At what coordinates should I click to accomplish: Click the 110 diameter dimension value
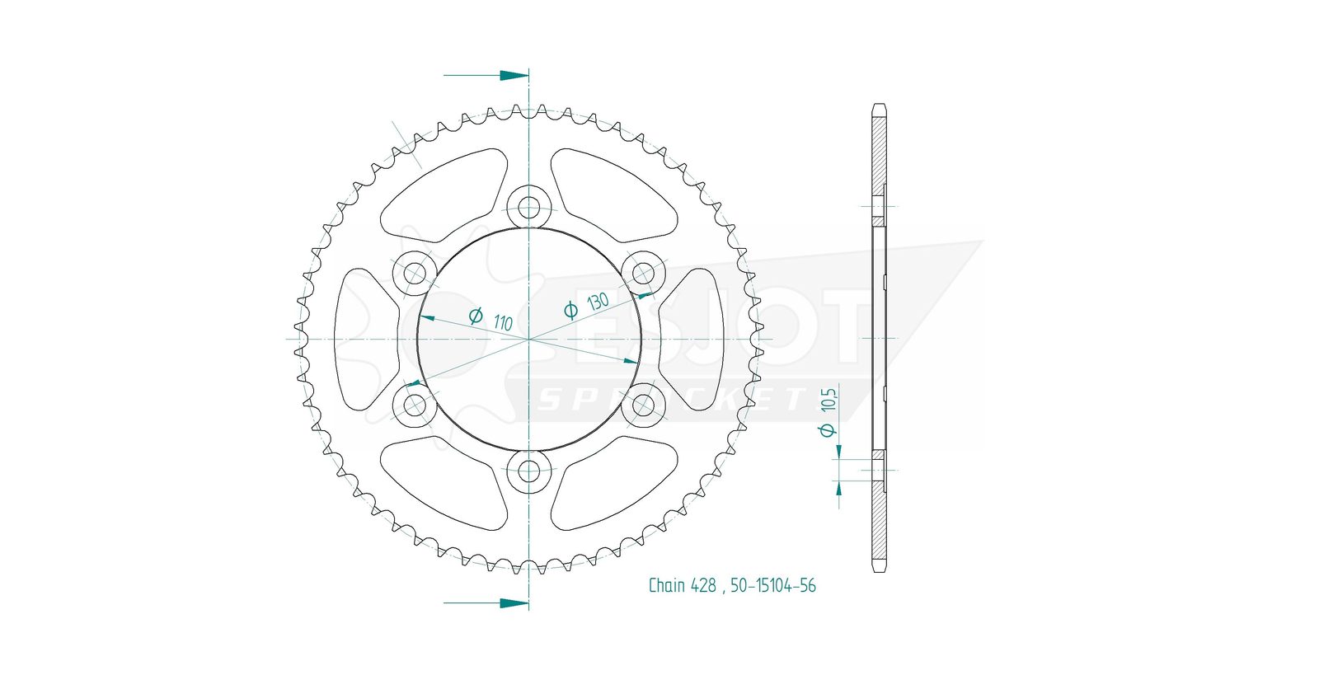(x=503, y=322)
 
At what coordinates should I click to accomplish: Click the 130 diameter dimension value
(x=598, y=302)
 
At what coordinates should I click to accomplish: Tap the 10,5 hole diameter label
(x=829, y=399)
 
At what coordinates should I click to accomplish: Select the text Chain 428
(x=683, y=585)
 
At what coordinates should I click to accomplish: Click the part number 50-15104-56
(x=773, y=585)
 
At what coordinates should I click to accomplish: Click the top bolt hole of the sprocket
(x=528, y=207)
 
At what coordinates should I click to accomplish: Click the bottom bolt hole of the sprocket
(x=528, y=471)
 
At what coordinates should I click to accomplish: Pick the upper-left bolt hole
(x=415, y=273)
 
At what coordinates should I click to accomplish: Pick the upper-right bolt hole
(x=643, y=273)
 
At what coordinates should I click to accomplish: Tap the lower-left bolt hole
(x=415, y=405)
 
